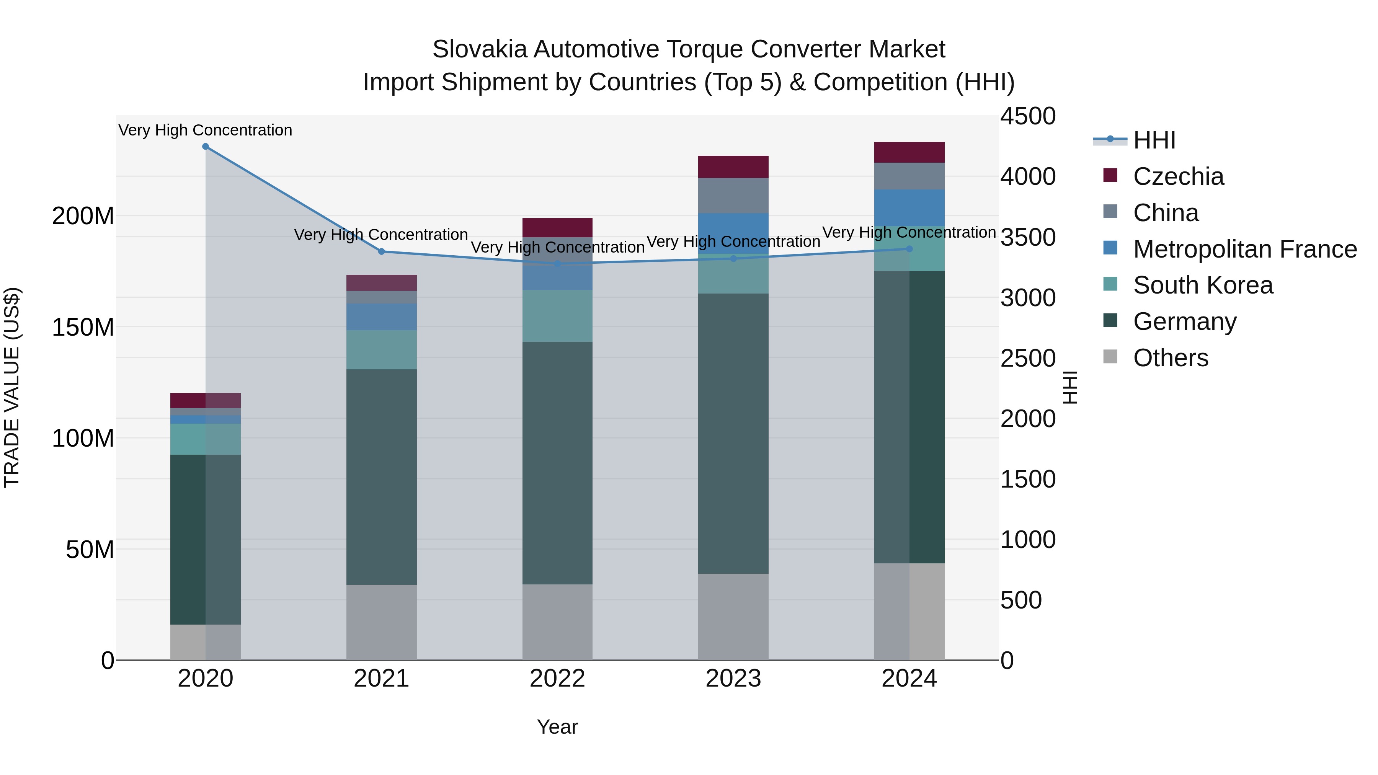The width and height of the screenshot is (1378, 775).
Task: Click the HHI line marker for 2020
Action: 206,147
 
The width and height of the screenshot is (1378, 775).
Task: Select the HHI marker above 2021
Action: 381,251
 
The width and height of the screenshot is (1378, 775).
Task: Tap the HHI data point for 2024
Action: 909,249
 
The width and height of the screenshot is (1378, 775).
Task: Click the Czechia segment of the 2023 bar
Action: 733,167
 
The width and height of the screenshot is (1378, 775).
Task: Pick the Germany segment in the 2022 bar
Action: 557,463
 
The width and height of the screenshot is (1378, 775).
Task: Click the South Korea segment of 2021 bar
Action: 381,350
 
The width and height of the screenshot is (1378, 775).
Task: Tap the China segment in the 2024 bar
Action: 909,176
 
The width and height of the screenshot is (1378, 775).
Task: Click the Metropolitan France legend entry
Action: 1244,249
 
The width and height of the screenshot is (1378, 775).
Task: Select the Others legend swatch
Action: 1110,357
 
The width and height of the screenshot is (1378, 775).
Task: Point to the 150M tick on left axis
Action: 83,327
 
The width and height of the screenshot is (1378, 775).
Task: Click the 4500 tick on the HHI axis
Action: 1028,117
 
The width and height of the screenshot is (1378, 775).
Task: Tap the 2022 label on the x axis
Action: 557,679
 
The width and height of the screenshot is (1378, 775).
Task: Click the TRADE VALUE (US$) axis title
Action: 12,387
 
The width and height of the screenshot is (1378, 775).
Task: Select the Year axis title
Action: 557,727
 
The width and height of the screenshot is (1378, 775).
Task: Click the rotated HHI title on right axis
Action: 1070,387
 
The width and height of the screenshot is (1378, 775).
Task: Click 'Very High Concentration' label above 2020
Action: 206,131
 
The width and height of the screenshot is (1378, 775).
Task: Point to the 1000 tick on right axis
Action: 1028,540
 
